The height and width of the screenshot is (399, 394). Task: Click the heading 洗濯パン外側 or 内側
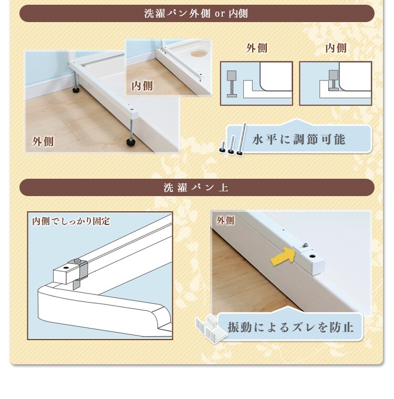(x=196, y=14)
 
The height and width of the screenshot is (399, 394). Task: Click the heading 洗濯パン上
(x=196, y=188)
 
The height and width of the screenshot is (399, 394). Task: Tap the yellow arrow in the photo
(x=283, y=256)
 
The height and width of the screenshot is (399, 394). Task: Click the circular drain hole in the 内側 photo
(x=198, y=54)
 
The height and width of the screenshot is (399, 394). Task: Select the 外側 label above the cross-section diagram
(x=256, y=48)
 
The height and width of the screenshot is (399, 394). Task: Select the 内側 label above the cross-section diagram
(x=336, y=48)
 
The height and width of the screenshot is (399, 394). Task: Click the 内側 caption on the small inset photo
(x=142, y=86)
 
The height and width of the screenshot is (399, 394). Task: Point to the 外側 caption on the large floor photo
(x=43, y=141)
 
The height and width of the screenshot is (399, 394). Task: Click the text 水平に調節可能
(x=298, y=139)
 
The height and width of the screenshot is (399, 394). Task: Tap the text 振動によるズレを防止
(x=291, y=327)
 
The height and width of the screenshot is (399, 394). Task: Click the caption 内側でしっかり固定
(x=71, y=221)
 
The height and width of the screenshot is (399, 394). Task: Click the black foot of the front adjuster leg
(x=132, y=142)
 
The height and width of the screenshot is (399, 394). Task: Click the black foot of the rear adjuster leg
(x=76, y=90)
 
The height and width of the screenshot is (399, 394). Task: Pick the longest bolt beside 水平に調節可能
(x=242, y=139)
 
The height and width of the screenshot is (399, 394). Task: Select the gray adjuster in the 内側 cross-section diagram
(x=334, y=80)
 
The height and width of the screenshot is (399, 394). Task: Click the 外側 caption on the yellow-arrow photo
(x=225, y=220)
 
